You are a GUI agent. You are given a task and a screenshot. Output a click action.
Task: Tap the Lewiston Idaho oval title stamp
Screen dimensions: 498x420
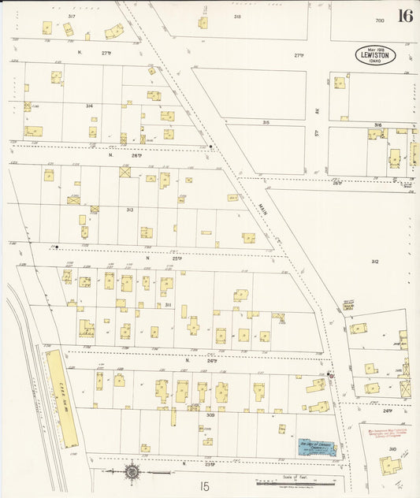click(374, 55)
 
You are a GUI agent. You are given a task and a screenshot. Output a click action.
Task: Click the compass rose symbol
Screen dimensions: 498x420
click(132, 472)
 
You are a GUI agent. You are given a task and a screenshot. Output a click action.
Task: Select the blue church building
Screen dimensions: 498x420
click(316, 447)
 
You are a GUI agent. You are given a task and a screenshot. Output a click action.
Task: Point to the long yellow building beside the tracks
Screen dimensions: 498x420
click(61, 397)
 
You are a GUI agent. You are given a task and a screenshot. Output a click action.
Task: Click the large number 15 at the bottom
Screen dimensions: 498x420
click(205, 487)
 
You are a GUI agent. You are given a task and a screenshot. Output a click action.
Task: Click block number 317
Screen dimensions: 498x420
click(72, 16)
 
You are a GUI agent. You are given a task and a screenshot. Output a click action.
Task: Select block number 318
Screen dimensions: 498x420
click(236, 16)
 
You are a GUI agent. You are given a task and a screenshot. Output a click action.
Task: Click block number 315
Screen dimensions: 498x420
click(266, 122)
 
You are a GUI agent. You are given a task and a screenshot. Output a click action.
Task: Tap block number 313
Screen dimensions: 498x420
click(129, 210)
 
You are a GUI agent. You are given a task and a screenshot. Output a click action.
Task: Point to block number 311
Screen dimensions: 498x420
click(167, 303)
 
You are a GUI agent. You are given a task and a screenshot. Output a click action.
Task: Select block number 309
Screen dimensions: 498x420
click(210, 414)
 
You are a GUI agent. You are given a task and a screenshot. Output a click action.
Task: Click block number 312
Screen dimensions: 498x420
click(375, 262)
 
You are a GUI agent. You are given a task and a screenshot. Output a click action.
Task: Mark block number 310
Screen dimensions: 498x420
click(392, 448)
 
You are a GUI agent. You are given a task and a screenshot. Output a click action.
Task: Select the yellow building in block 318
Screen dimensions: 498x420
click(203, 23)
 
